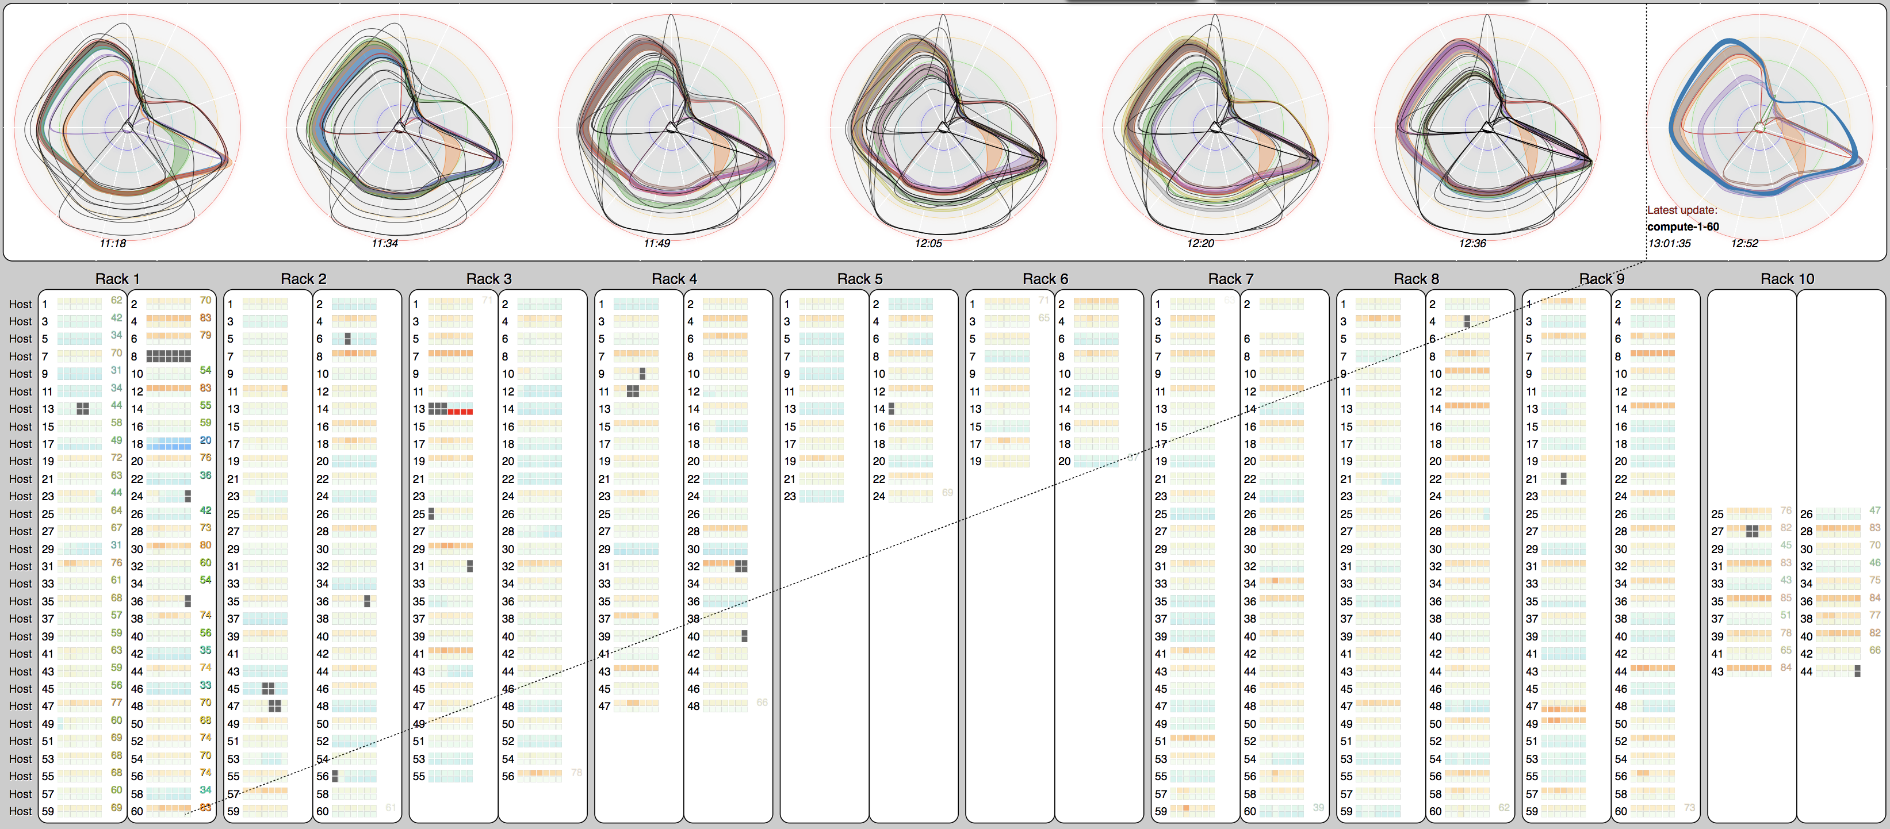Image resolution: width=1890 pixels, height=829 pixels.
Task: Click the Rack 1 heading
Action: coord(117,279)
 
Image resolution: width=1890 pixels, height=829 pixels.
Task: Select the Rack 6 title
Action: coord(1045,279)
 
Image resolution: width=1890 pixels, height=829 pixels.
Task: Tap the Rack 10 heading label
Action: coord(1786,279)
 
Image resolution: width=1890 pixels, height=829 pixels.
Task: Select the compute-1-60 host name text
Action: coord(1682,227)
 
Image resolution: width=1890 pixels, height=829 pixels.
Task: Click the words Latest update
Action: coord(1682,210)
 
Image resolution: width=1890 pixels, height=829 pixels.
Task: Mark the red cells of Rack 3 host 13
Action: coord(460,412)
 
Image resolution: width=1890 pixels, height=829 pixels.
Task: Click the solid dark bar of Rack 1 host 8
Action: coord(168,356)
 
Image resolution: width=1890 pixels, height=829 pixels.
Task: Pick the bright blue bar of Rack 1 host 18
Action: coord(168,444)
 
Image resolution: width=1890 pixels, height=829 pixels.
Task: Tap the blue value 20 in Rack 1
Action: coord(205,440)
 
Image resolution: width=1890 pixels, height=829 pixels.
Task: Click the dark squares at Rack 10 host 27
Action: coord(1752,531)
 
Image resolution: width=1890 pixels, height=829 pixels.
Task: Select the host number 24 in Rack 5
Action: coord(878,497)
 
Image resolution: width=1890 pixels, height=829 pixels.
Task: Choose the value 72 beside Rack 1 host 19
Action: coord(117,458)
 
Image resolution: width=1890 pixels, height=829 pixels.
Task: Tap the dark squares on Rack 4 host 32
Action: coord(741,566)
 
